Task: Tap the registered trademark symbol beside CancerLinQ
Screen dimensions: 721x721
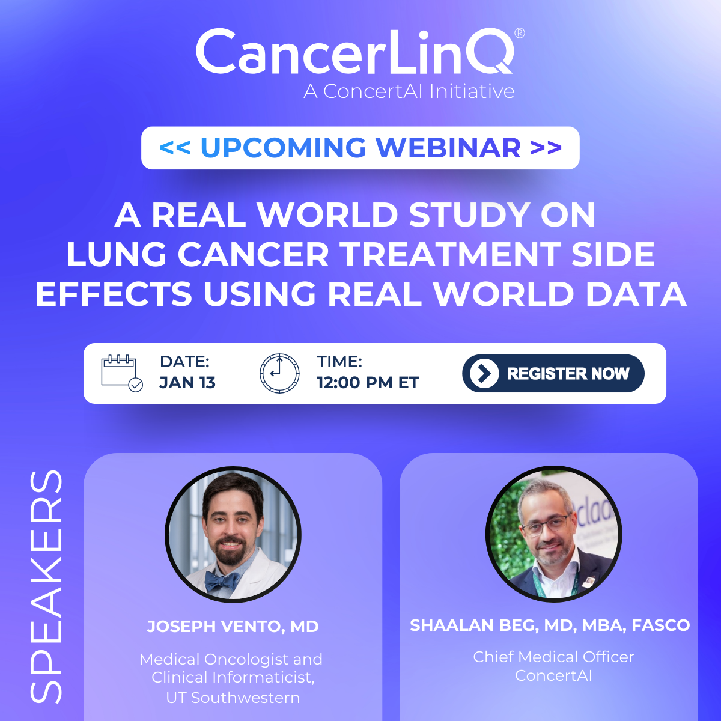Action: tap(520, 34)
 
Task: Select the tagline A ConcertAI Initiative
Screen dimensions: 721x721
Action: tap(409, 91)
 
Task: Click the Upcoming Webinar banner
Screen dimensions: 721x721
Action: tap(360, 148)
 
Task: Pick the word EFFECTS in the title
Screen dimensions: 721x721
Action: tap(114, 294)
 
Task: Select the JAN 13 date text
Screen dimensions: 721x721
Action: tap(187, 383)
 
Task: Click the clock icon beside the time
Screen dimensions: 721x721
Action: tap(279, 373)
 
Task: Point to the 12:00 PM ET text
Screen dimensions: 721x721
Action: tap(368, 383)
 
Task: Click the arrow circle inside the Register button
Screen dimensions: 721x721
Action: tap(484, 373)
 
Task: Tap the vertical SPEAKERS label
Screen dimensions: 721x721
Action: tap(47, 586)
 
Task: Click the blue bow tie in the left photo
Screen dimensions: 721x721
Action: tap(222, 581)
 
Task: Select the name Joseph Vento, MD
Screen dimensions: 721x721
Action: tap(233, 627)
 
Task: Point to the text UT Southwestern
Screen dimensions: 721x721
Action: tap(233, 698)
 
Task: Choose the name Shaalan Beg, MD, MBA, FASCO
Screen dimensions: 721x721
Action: tap(550, 625)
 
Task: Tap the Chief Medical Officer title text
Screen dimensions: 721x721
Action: tap(553, 657)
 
